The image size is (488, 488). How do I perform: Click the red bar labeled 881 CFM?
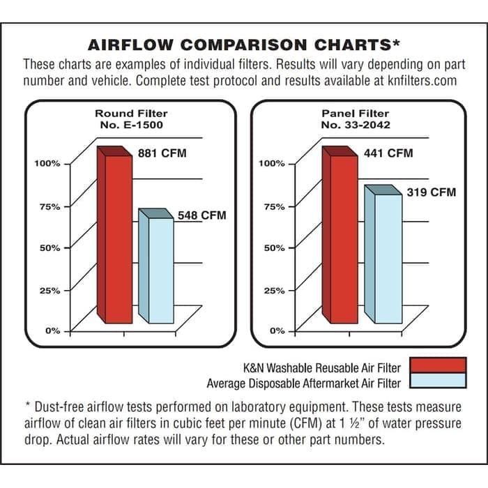[x=114, y=237]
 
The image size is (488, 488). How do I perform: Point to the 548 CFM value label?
[x=201, y=215]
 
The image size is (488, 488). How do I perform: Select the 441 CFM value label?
[x=388, y=153]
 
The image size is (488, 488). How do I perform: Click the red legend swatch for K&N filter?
[x=438, y=366]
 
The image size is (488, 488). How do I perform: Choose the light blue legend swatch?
[x=438, y=381]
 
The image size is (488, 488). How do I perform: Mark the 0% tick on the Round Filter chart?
[x=53, y=330]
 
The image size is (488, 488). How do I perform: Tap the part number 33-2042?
[x=367, y=125]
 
